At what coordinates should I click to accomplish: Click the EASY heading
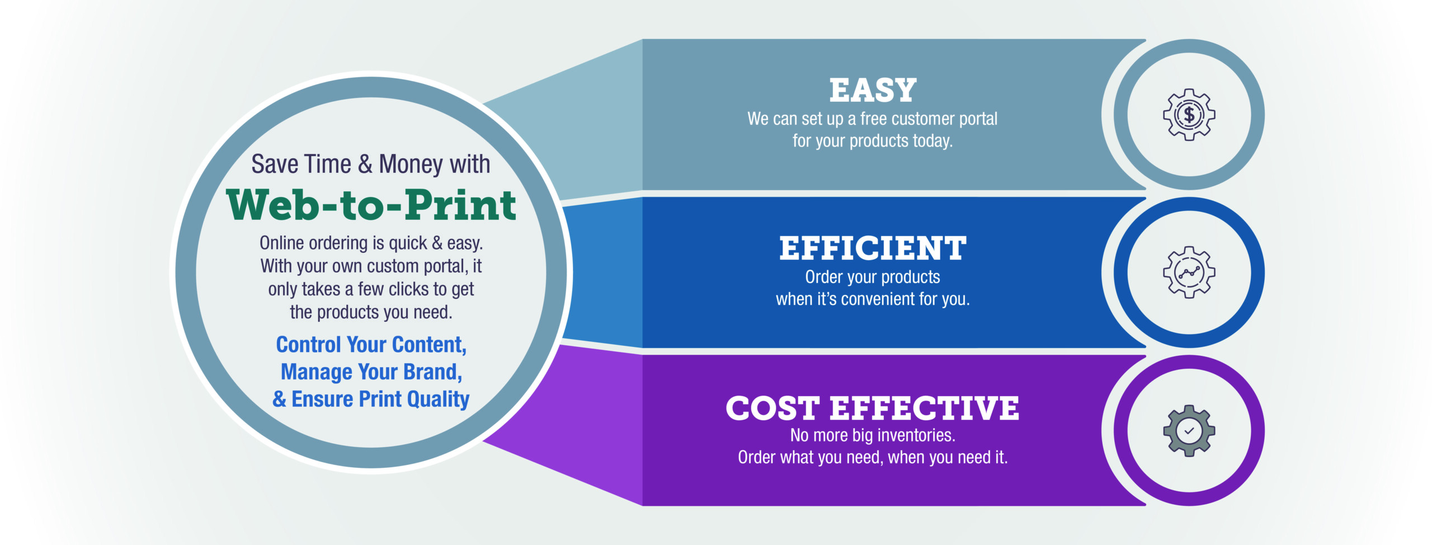tap(873, 90)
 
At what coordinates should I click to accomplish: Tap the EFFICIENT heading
tap(873, 248)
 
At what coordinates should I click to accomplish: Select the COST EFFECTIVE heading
tap(872, 408)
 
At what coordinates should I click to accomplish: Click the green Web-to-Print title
tap(371, 205)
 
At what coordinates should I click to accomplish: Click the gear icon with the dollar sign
tap(1189, 115)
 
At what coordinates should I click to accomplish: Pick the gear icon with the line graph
tap(1189, 272)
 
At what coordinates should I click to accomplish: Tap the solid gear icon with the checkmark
tap(1189, 431)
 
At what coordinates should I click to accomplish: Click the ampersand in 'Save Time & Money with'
tap(365, 165)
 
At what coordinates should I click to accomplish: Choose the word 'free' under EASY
tap(873, 119)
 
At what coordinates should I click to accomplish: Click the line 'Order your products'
tap(873, 278)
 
